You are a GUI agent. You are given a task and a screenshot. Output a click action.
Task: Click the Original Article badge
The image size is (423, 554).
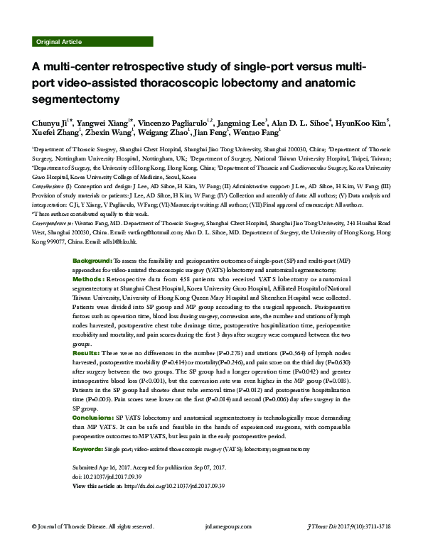pyautogui.click(x=58, y=42)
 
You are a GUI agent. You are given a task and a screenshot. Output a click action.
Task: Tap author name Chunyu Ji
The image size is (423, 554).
pyautogui.click(x=52, y=122)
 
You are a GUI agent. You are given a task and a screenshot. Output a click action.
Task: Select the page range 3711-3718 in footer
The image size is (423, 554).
pyautogui.click(x=395, y=545)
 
